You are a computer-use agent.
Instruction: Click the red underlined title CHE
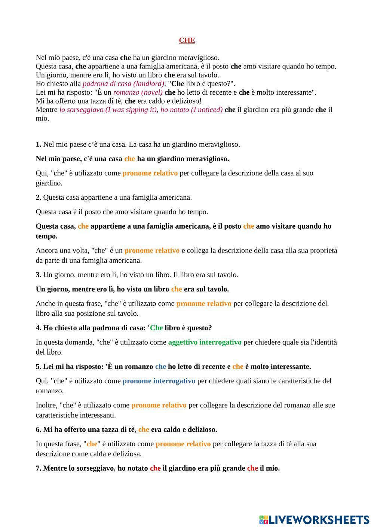(187, 40)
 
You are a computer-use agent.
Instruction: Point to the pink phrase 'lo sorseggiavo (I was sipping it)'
(108, 110)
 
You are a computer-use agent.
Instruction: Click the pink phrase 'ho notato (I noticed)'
(191, 110)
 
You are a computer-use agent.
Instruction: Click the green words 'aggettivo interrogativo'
(205, 342)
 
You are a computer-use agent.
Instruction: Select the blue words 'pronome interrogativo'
(159, 381)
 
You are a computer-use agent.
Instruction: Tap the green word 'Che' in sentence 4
(156, 328)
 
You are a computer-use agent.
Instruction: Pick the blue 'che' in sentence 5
(160, 367)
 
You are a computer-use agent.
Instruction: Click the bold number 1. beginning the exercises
(39, 144)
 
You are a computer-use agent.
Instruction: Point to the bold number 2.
(39, 198)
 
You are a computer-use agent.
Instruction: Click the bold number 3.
(39, 275)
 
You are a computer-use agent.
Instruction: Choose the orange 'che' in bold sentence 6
(144, 429)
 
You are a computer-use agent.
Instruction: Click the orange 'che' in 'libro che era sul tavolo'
(177, 289)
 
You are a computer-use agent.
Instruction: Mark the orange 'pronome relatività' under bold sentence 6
(183, 444)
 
